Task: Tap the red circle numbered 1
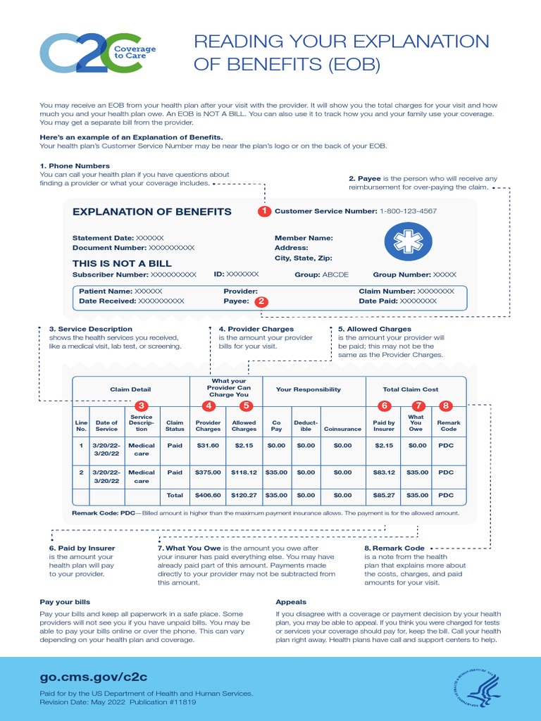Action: point(264,211)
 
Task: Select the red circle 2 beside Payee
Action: point(261,301)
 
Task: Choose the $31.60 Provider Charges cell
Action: point(208,446)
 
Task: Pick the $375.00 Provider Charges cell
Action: point(208,472)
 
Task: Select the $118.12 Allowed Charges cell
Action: point(244,472)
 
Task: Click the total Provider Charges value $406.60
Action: point(208,496)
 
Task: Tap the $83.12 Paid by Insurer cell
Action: point(384,472)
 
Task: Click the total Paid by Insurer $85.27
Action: point(384,496)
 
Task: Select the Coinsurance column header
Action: point(342,428)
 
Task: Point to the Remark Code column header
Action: point(449,425)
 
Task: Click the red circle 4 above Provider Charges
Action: point(209,406)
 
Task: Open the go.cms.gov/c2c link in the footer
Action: point(93,677)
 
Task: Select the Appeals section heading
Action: point(290,602)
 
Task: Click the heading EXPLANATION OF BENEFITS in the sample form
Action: point(152,212)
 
